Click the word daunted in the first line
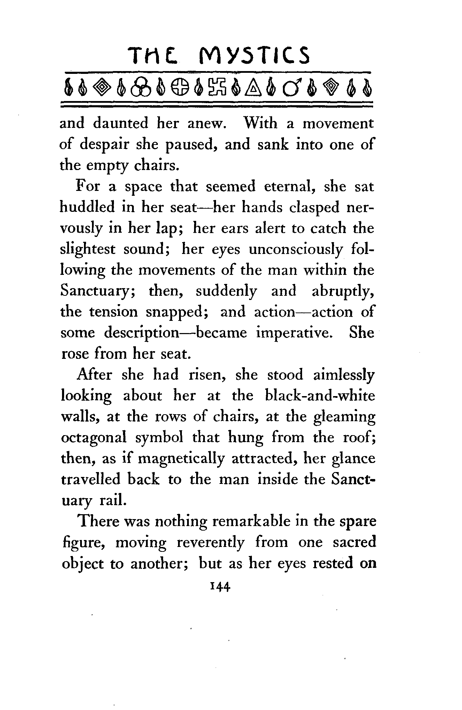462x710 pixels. pos(121,123)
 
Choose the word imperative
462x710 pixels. pos(297,333)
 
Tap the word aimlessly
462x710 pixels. pos(344,375)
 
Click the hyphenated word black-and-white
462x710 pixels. pos(319,396)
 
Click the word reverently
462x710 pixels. pos(210,542)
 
